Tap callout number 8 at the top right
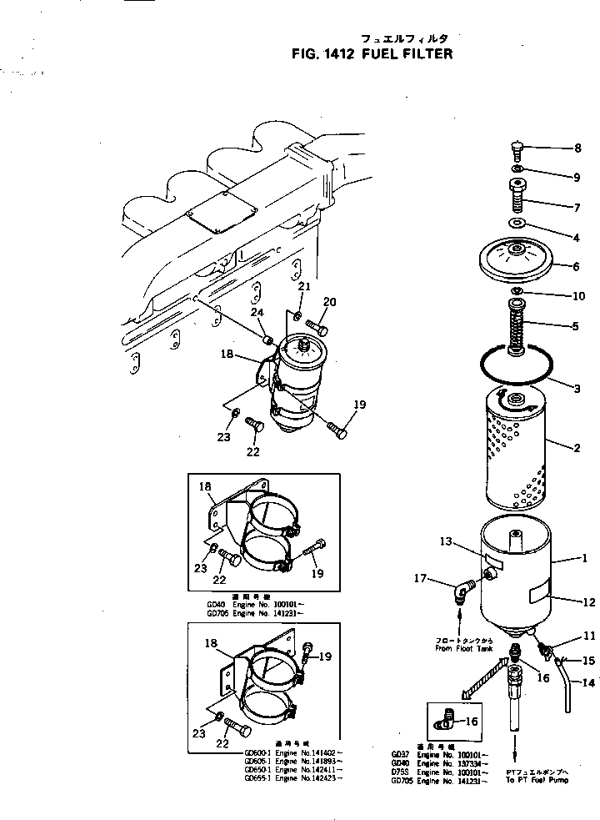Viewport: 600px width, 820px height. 577,149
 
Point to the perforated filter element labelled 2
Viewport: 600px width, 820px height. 515,450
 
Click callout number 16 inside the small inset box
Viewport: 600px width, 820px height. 471,722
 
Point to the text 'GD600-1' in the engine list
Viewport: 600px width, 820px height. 255,750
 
